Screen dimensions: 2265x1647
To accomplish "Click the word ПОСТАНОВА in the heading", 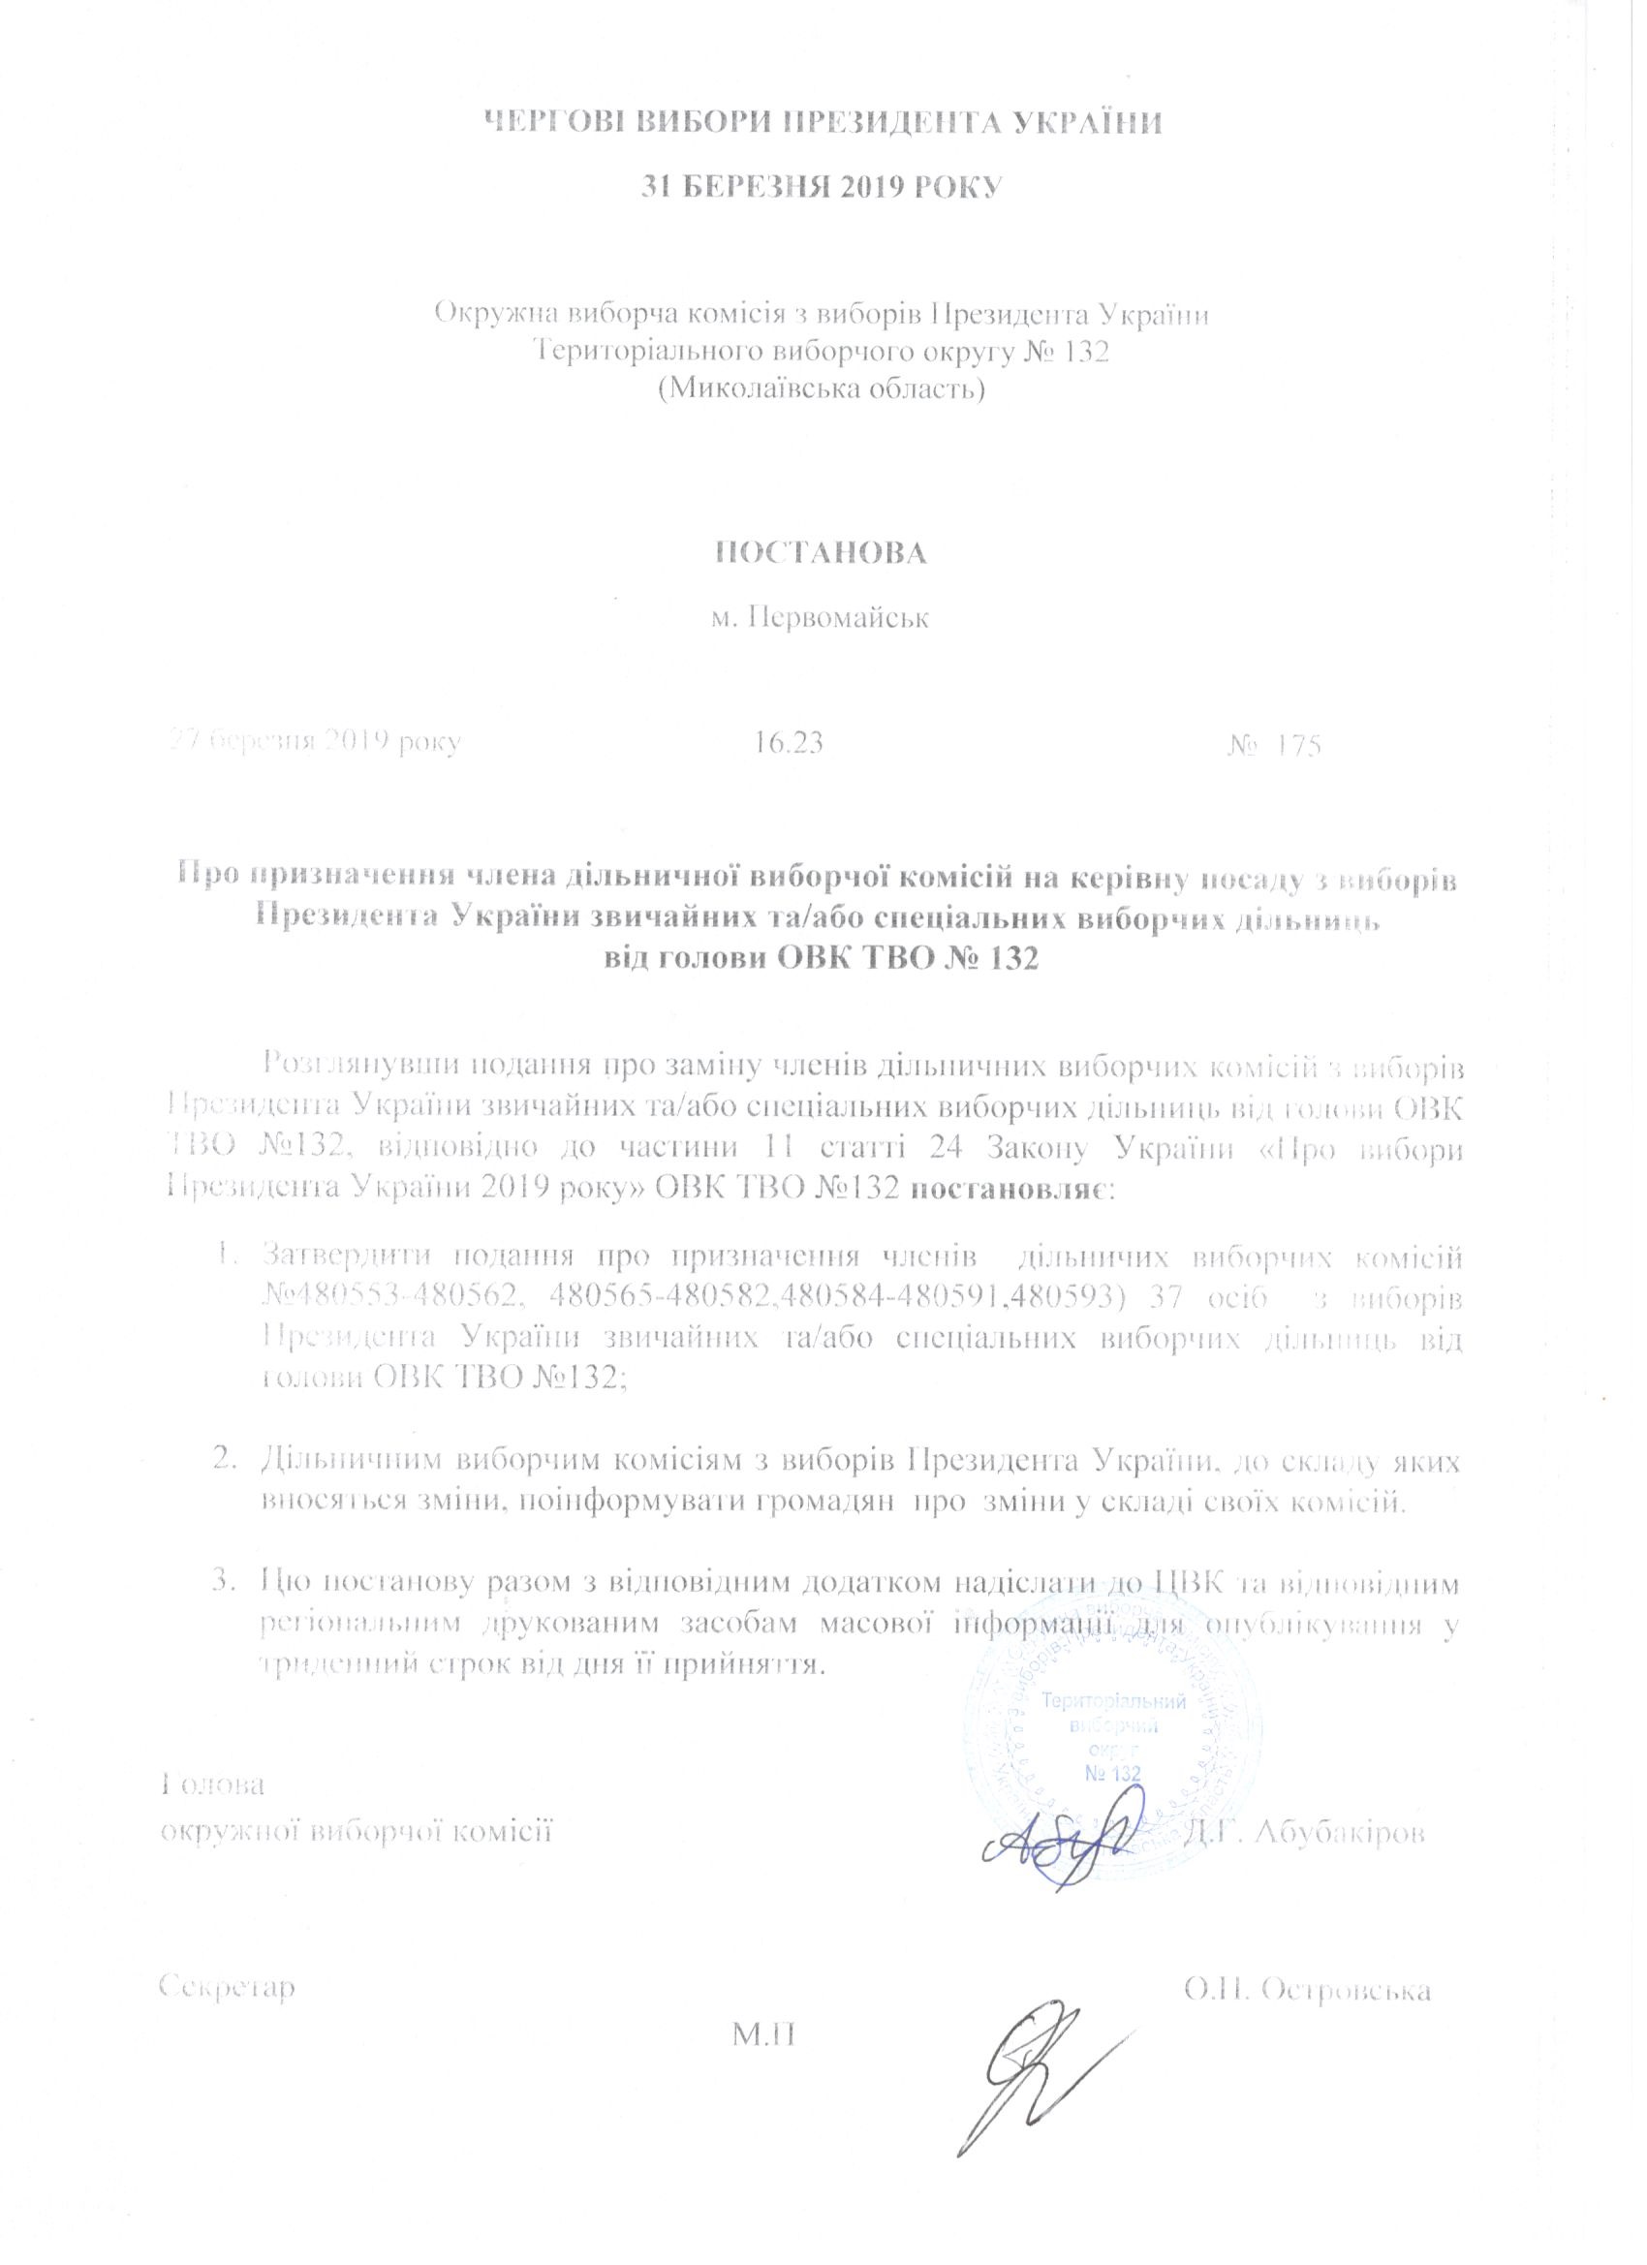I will [822, 553].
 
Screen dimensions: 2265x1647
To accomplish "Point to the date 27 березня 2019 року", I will [314, 743].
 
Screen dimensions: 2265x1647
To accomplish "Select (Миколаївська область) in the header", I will [822, 388].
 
